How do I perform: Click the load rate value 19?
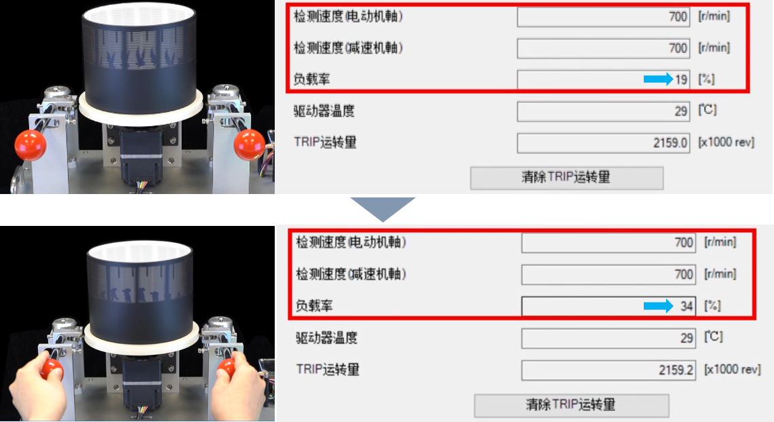pyautogui.click(x=681, y=79)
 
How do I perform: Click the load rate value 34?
pyautogui.click(x=686, y=306)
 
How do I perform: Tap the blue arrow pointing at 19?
pyautogui.click(x=658, y=79)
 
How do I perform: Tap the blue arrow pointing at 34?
pyautogui.click(x=658, y=306)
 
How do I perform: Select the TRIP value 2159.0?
pyautogui.click(x=670, y=142)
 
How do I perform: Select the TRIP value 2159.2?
pyautogui.click(x=676, y=370)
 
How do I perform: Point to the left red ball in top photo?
pyautogui.click(x=30, y=145)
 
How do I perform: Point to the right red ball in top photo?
pyautogui.click(x=249, y=145)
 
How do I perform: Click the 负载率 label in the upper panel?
pyautogui.click(x=311, y=79)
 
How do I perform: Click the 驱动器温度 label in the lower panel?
pyautogui.click(x=326, y=338)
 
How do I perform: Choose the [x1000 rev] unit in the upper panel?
pyautogui.click(x=726, y=142)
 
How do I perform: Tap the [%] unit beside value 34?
pyautogui.click(x=712, y=305)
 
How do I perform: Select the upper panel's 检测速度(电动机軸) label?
pyautogui.click(x=348, y=16)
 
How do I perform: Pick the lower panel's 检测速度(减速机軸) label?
pyautogui.click(x=351, y=274)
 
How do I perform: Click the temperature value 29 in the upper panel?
pyautogui.click(x=681, y=111)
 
